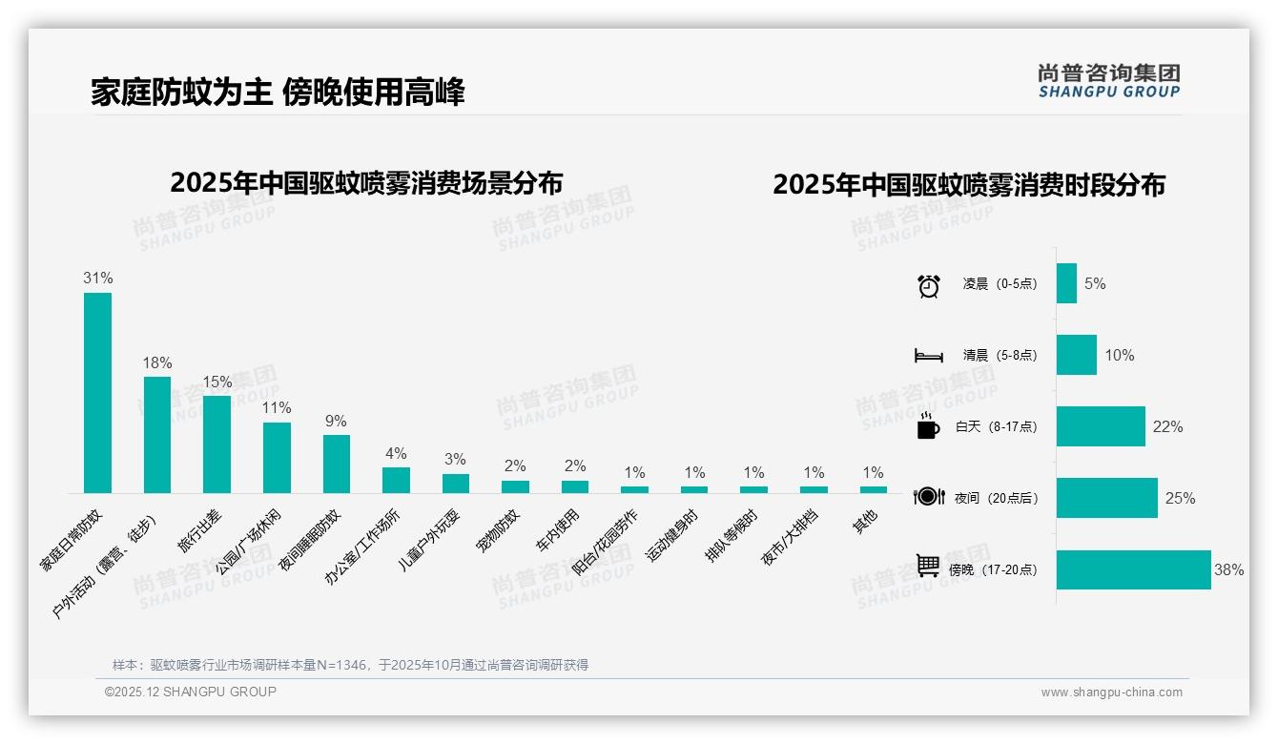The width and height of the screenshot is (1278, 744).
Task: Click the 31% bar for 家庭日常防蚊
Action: tap(97, 392)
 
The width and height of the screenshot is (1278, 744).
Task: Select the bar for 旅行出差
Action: tap(216, 444)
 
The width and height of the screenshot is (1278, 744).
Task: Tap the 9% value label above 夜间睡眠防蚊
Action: tap(336, 421)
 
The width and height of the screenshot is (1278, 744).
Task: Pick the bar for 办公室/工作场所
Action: tap(396, 480)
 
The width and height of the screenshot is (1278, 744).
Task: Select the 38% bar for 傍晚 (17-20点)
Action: tap(1133, 569)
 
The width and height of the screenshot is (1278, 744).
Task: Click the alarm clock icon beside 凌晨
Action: tap(928, 284)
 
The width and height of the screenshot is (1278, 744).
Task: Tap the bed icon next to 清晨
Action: tap(928, 356)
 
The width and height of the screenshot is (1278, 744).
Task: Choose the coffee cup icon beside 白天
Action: tap(928, 426)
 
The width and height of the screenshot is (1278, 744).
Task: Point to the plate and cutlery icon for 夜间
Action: tap(928, 497)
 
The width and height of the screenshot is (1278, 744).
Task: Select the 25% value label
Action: tap(1179, 498)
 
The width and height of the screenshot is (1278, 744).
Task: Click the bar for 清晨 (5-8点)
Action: tap(1076, 355)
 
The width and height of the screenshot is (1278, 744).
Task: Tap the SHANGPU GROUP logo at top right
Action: tap(1108, 81)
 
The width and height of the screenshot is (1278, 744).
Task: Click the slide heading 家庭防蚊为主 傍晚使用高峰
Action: tap(278, 93)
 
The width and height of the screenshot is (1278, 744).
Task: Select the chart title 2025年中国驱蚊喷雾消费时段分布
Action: tap(969, 185)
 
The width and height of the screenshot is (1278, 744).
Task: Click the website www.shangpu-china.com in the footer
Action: tap(1111, 692)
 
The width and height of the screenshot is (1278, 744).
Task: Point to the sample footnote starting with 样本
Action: tap(350, 665)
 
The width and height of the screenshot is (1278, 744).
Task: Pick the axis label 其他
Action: tap(866, 523)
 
